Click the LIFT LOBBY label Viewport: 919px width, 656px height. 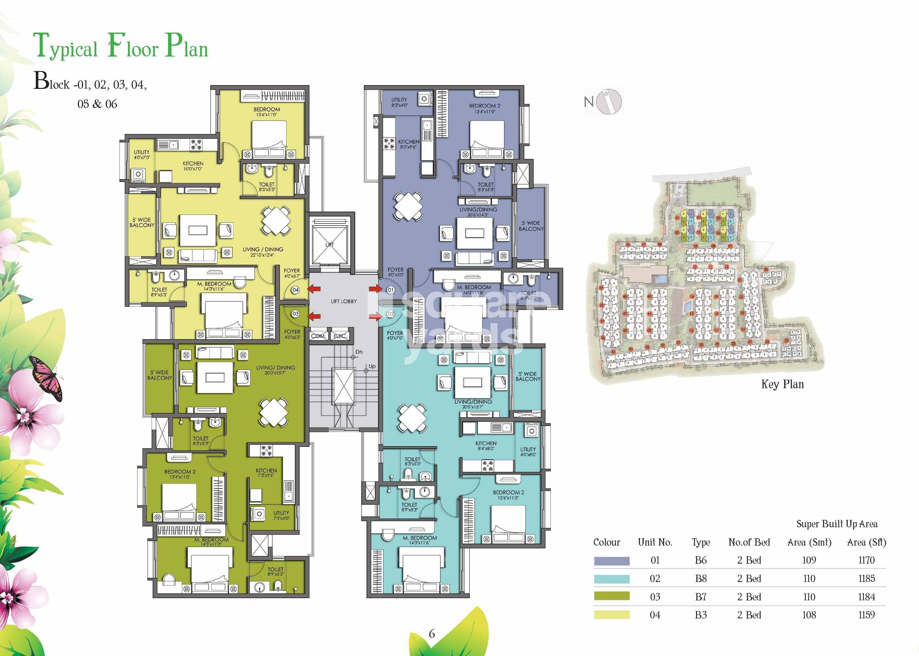pyautogui.click(x=344, y=301)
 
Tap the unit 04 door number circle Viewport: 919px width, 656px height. pyautogui.click(x=295, y=290)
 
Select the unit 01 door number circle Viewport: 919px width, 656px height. pyautogui.click(x=390, y=290)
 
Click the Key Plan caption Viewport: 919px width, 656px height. pyautogui.click(x=782, y=384)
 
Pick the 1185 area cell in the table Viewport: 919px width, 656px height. pyautogui.click(x=866, y=579)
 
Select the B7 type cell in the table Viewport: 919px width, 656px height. pyautogui.click(x=701, y=597)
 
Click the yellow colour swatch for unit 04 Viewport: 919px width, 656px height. pyautogui.click(x=611, y=615)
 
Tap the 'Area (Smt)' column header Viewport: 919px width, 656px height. pyautogui.click(x=809, y=543)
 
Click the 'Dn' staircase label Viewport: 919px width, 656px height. pyautogui.click(x=359, y=352)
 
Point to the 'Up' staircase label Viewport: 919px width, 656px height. pyautogui.click(x=372, y=366)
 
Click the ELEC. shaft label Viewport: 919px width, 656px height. pyautogui.click(x=340, y=336)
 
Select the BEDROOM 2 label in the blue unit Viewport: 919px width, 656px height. pyautogui.click(x=484, y=106)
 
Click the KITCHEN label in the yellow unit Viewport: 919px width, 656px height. pyautogui.click(x=193, y=164)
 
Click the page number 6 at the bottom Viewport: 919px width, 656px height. pyautogui.click(x=432, y=634)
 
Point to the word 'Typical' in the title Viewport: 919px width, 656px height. pyautogui.click(x=65, y=47)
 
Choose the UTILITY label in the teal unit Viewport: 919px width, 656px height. pyautogui.click(x=528, y=449)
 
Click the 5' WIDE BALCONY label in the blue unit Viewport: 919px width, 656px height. pyautogui.click(x=531, y=226)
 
